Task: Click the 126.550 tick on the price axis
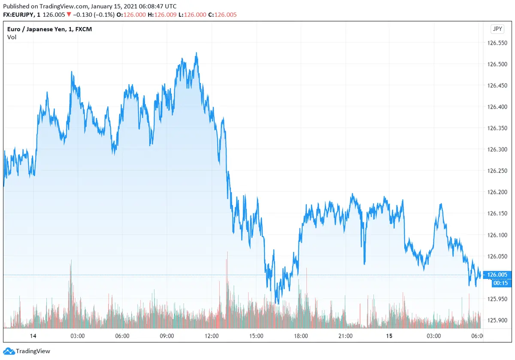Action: pyautogui.click(x=498, y=43)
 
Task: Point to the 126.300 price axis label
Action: pyautogui.click(x=498, y=149)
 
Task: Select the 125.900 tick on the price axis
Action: pyautogui.click(x=498, y=320)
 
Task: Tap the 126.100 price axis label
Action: pyautogui.click(x=498, y=235)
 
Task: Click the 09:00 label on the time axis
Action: pyautogui.click(x=167, y=336)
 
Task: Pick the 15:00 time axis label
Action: pyautogui.click(x=256, y=336)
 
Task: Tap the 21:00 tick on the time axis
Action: pyautogui.click(x=345, y=336)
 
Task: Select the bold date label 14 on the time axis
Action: pyautogui.click(x=33, y=336)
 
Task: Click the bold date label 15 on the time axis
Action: pyautogui.click(x=389, y=336)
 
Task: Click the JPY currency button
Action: pyautogui.click(x=497, y=29)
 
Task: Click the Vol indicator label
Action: pyautogui.click(x=12, y=37)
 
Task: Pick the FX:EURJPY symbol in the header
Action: pyautogui.click(x=18, y=15)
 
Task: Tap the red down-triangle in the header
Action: pyautogui.click(x=69, y=15)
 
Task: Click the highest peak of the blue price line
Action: pyautogui.click(x=196, y=53)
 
